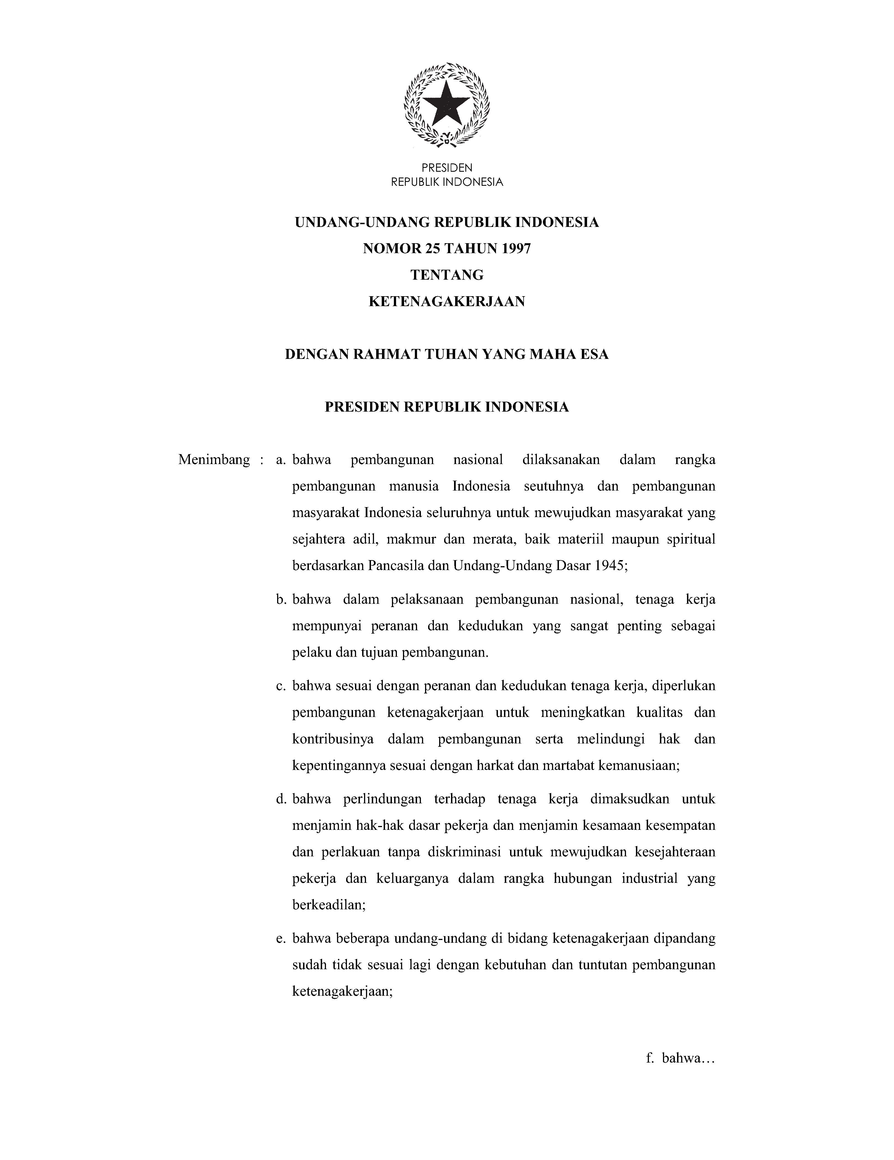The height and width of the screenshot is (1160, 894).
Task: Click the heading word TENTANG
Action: pyautogui.click(x=447, y=275)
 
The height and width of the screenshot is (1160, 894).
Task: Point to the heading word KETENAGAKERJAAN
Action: pyautogui.click(x=447, y=302)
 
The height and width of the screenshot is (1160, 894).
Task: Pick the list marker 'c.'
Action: pyautogui.click(x=282, y=686)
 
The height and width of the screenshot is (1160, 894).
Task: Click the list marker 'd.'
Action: pyautogui.click(x=282, y=799)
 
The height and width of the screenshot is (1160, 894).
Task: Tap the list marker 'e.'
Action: pyautogui.click(x=282, y=939)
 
